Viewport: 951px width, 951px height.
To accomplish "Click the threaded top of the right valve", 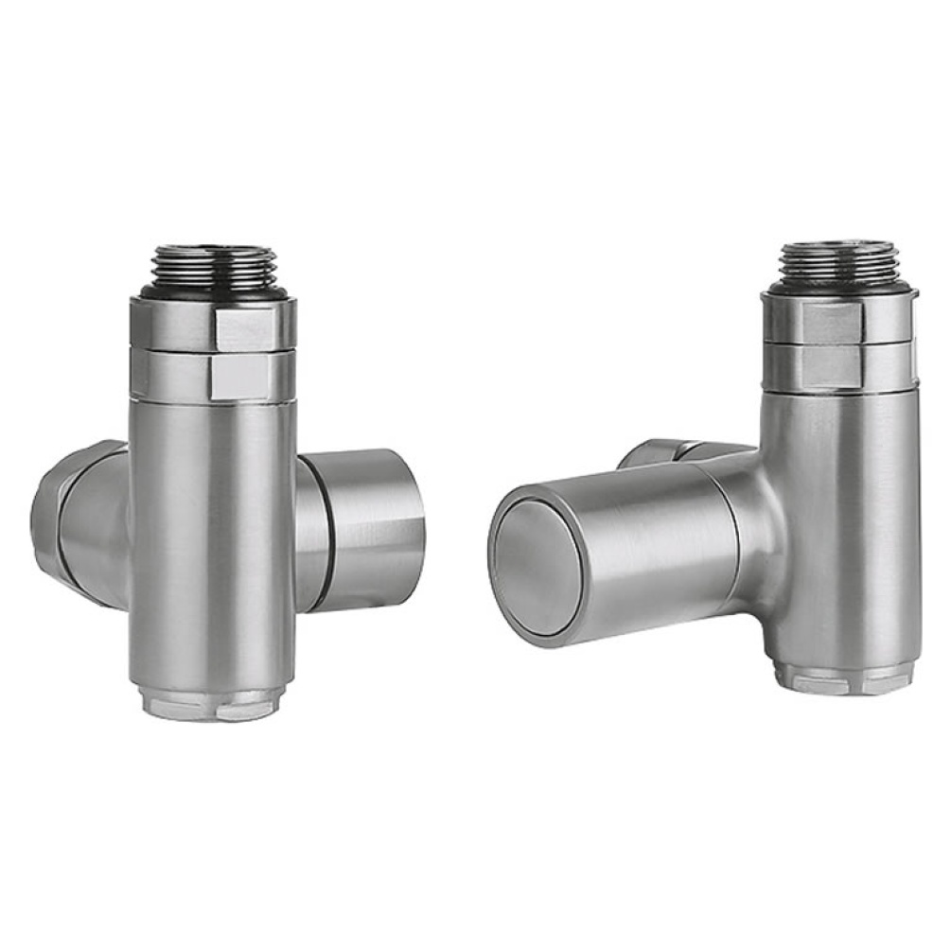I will [x=839, y=258].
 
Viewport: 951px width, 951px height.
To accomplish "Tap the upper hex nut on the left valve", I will [x=213, y=324].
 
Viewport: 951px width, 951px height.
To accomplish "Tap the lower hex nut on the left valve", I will [x=213, y=374].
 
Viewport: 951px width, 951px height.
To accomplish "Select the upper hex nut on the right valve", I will [x=840, y=318].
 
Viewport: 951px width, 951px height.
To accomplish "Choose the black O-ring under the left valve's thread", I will [x=214, y=291].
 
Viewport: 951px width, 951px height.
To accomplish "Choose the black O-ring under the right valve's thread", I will [x=840, y=285].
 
